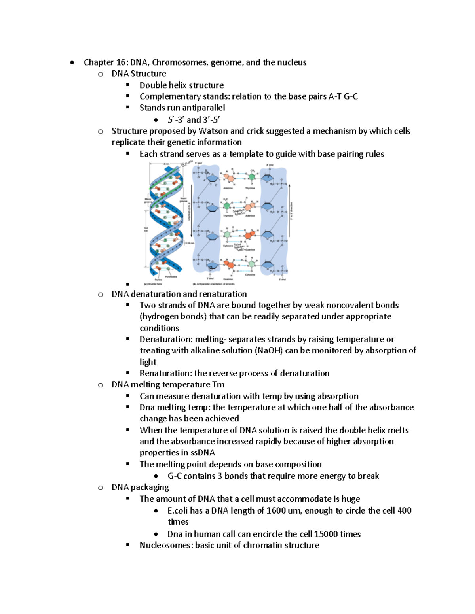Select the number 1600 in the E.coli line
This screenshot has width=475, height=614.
pyautogui.click(x=276, y=510)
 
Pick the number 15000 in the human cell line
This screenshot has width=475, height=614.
pyautogui.click(x=326, y=534)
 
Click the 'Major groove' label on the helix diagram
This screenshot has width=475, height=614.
pyautogui.click(x=184, y=200)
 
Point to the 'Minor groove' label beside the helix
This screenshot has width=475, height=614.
pyautogui.click(x=148, y=200)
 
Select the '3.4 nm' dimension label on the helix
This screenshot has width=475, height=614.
pyautogui.click(x=146, y=229)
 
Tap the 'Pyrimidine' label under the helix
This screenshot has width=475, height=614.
pyautogui.click(x=171, y=276)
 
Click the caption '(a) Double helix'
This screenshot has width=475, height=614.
pyautogui.click(x=153, y=284)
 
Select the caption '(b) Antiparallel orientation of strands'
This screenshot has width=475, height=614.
pyautogui.click(x=213, y=284)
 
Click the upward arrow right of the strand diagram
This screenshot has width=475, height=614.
pyautogui.click(x=289, y=210)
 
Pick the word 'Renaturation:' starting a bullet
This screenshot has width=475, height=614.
pyautogui.click(x=165, y=373)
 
